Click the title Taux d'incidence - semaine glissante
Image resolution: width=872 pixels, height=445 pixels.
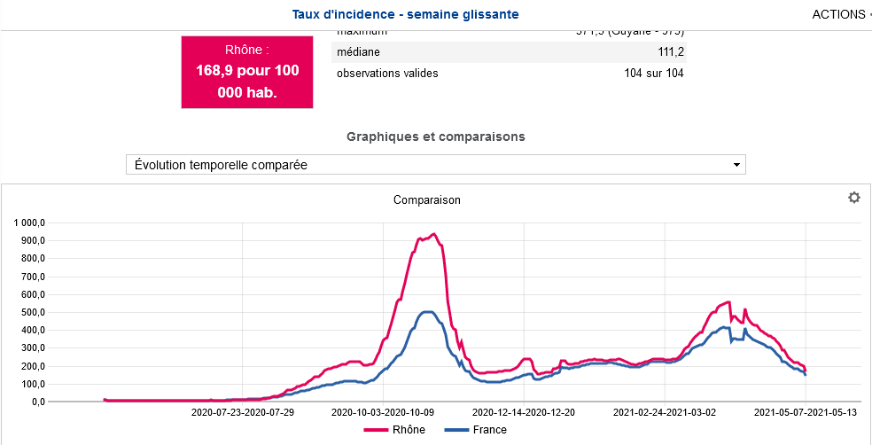(405, 14)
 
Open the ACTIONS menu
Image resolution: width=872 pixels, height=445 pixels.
(838, 14)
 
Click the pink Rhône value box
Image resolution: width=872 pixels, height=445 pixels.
(247, 72)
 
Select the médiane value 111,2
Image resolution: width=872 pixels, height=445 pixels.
(671, 52)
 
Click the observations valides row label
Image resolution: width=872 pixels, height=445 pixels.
(387, 73)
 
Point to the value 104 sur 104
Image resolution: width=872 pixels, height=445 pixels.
(653, 73)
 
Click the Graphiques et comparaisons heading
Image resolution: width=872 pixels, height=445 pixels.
(435, 137)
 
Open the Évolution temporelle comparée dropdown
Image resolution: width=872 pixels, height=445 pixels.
(435, 165)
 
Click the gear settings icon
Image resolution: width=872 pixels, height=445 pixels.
(853, 198)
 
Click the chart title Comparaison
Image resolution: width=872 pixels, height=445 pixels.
(426, 199)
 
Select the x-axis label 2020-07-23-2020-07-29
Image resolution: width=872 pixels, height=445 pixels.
(242, 412)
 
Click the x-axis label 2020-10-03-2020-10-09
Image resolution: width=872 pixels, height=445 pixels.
(383, 412)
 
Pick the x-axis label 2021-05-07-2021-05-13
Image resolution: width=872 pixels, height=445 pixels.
(806, 412)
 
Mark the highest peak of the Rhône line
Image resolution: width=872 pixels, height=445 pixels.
(432, 234)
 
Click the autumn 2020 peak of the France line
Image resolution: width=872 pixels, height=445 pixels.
(427, 311)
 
